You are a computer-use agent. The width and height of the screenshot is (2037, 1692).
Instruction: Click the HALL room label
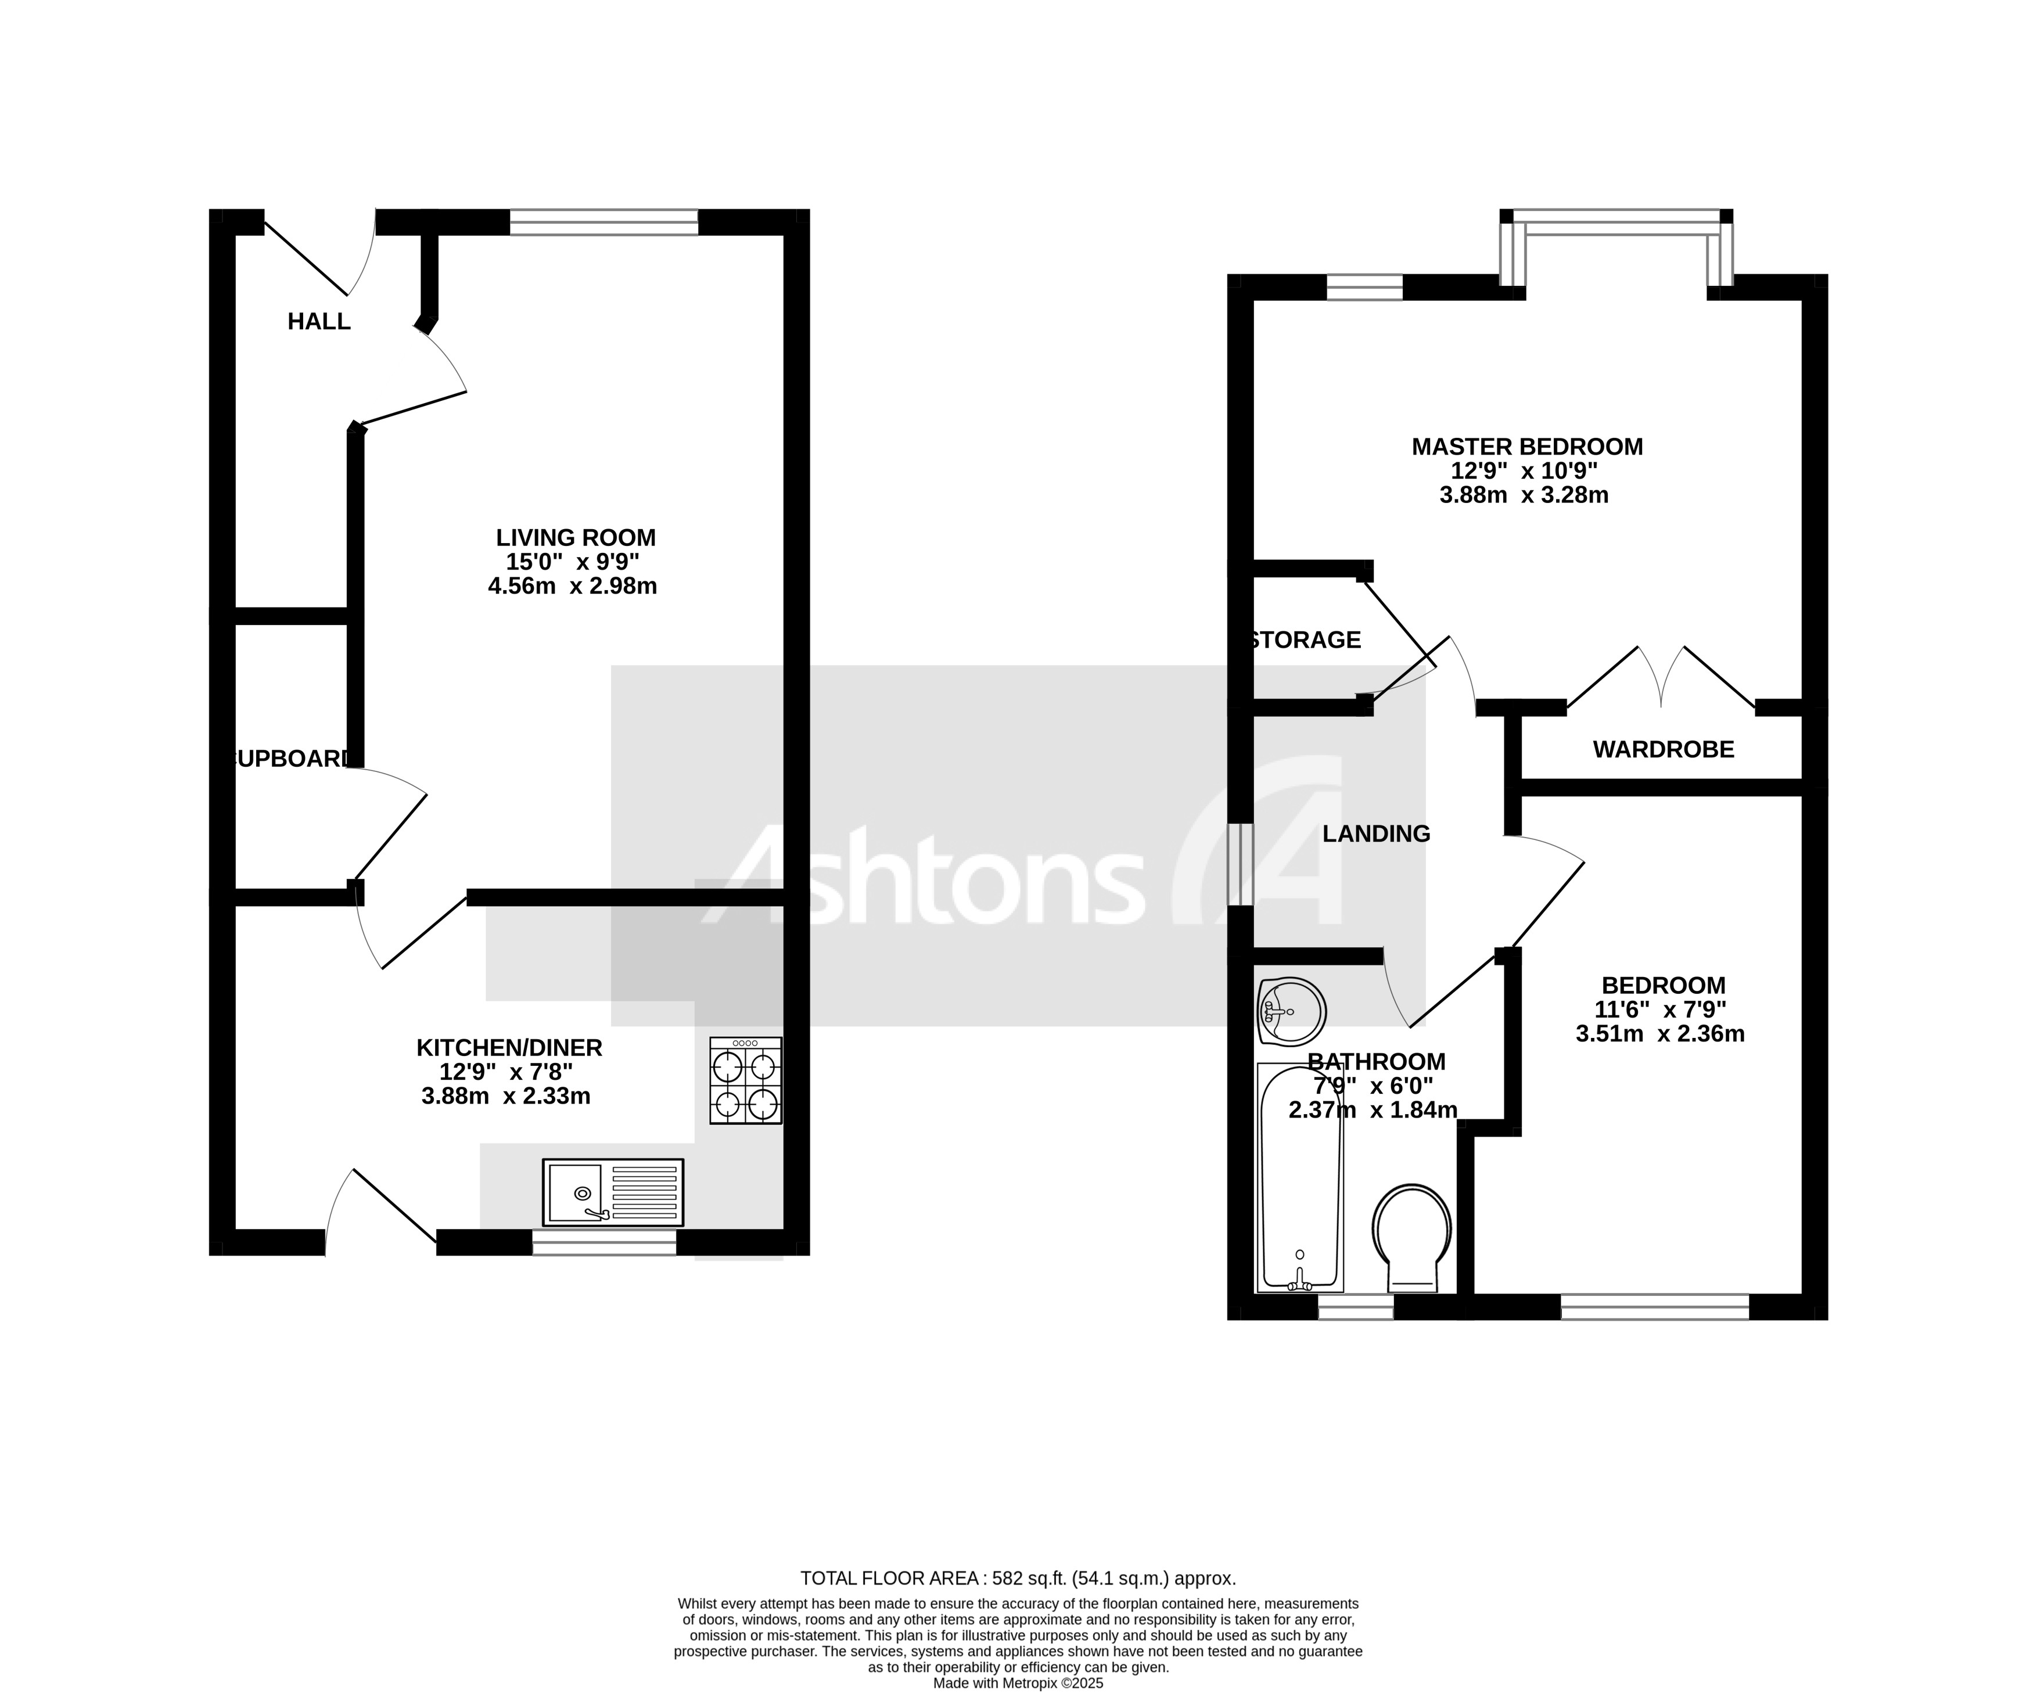pos(318,321)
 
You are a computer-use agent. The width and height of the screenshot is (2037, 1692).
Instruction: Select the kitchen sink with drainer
pos(613,1192)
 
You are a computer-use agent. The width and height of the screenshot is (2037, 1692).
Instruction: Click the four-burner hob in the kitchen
pos(745,1081)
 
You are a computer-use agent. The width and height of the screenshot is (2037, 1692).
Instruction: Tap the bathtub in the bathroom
pos(1300,1179)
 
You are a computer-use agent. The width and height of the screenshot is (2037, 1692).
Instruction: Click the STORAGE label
pos(1306,640)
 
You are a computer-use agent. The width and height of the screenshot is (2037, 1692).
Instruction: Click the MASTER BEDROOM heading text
pos(1527,447)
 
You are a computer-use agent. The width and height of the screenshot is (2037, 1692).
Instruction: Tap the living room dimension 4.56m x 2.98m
pos(572,586)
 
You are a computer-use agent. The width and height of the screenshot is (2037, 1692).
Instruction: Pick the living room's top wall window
pos(603,222)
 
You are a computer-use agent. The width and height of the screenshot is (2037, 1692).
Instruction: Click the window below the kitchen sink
pos(603,1243)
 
